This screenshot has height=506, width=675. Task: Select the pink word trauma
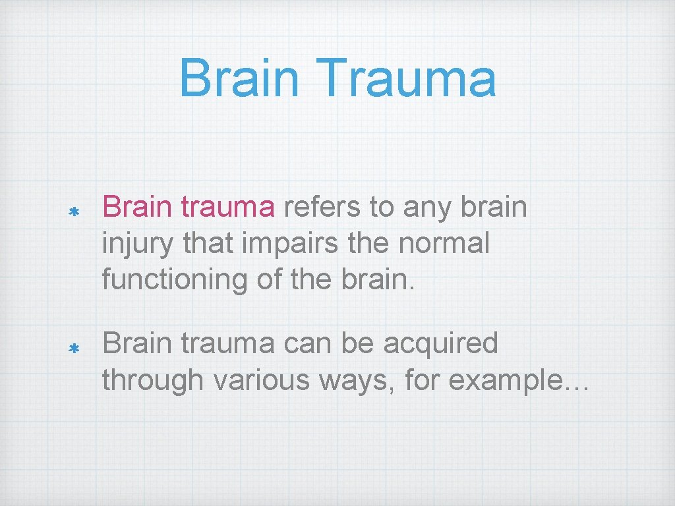pyautogui.click(x=227, y=208)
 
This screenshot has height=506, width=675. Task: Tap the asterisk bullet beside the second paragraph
pyautogui.click(x=74, y=348)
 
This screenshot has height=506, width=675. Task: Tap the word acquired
pyautogui.click(x=440, y=345)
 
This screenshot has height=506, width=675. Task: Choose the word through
pyautogui.click(x=152, y=380)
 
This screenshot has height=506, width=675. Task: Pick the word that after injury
pyautogui.click(x=207, y=243)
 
